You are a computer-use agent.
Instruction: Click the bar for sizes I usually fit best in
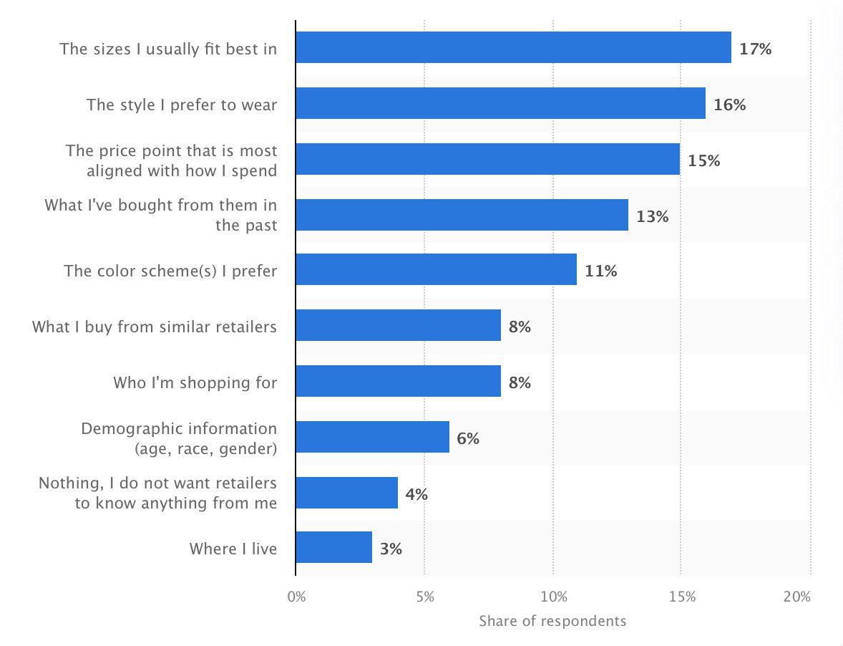513,47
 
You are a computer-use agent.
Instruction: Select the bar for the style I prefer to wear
500,103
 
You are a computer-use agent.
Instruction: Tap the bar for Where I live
333,547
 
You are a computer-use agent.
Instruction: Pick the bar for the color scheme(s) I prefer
436,269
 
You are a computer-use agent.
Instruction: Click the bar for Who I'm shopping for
398,381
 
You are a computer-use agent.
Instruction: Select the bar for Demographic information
372,437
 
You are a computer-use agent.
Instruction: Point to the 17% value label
756,49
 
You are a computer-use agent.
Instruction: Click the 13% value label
652,216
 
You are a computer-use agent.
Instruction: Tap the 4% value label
416,494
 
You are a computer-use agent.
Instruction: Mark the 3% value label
391,549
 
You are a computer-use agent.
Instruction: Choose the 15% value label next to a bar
703,160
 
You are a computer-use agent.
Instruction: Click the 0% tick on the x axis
296,597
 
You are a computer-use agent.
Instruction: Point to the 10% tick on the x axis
553,597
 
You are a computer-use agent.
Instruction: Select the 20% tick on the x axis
796,597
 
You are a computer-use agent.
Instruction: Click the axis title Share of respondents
552,620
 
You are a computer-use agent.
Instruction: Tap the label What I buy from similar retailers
155,327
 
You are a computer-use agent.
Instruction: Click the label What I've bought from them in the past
161,215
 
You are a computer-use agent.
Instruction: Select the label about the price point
172,160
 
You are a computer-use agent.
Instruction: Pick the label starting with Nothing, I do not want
158,493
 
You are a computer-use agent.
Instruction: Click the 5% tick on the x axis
424,597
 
